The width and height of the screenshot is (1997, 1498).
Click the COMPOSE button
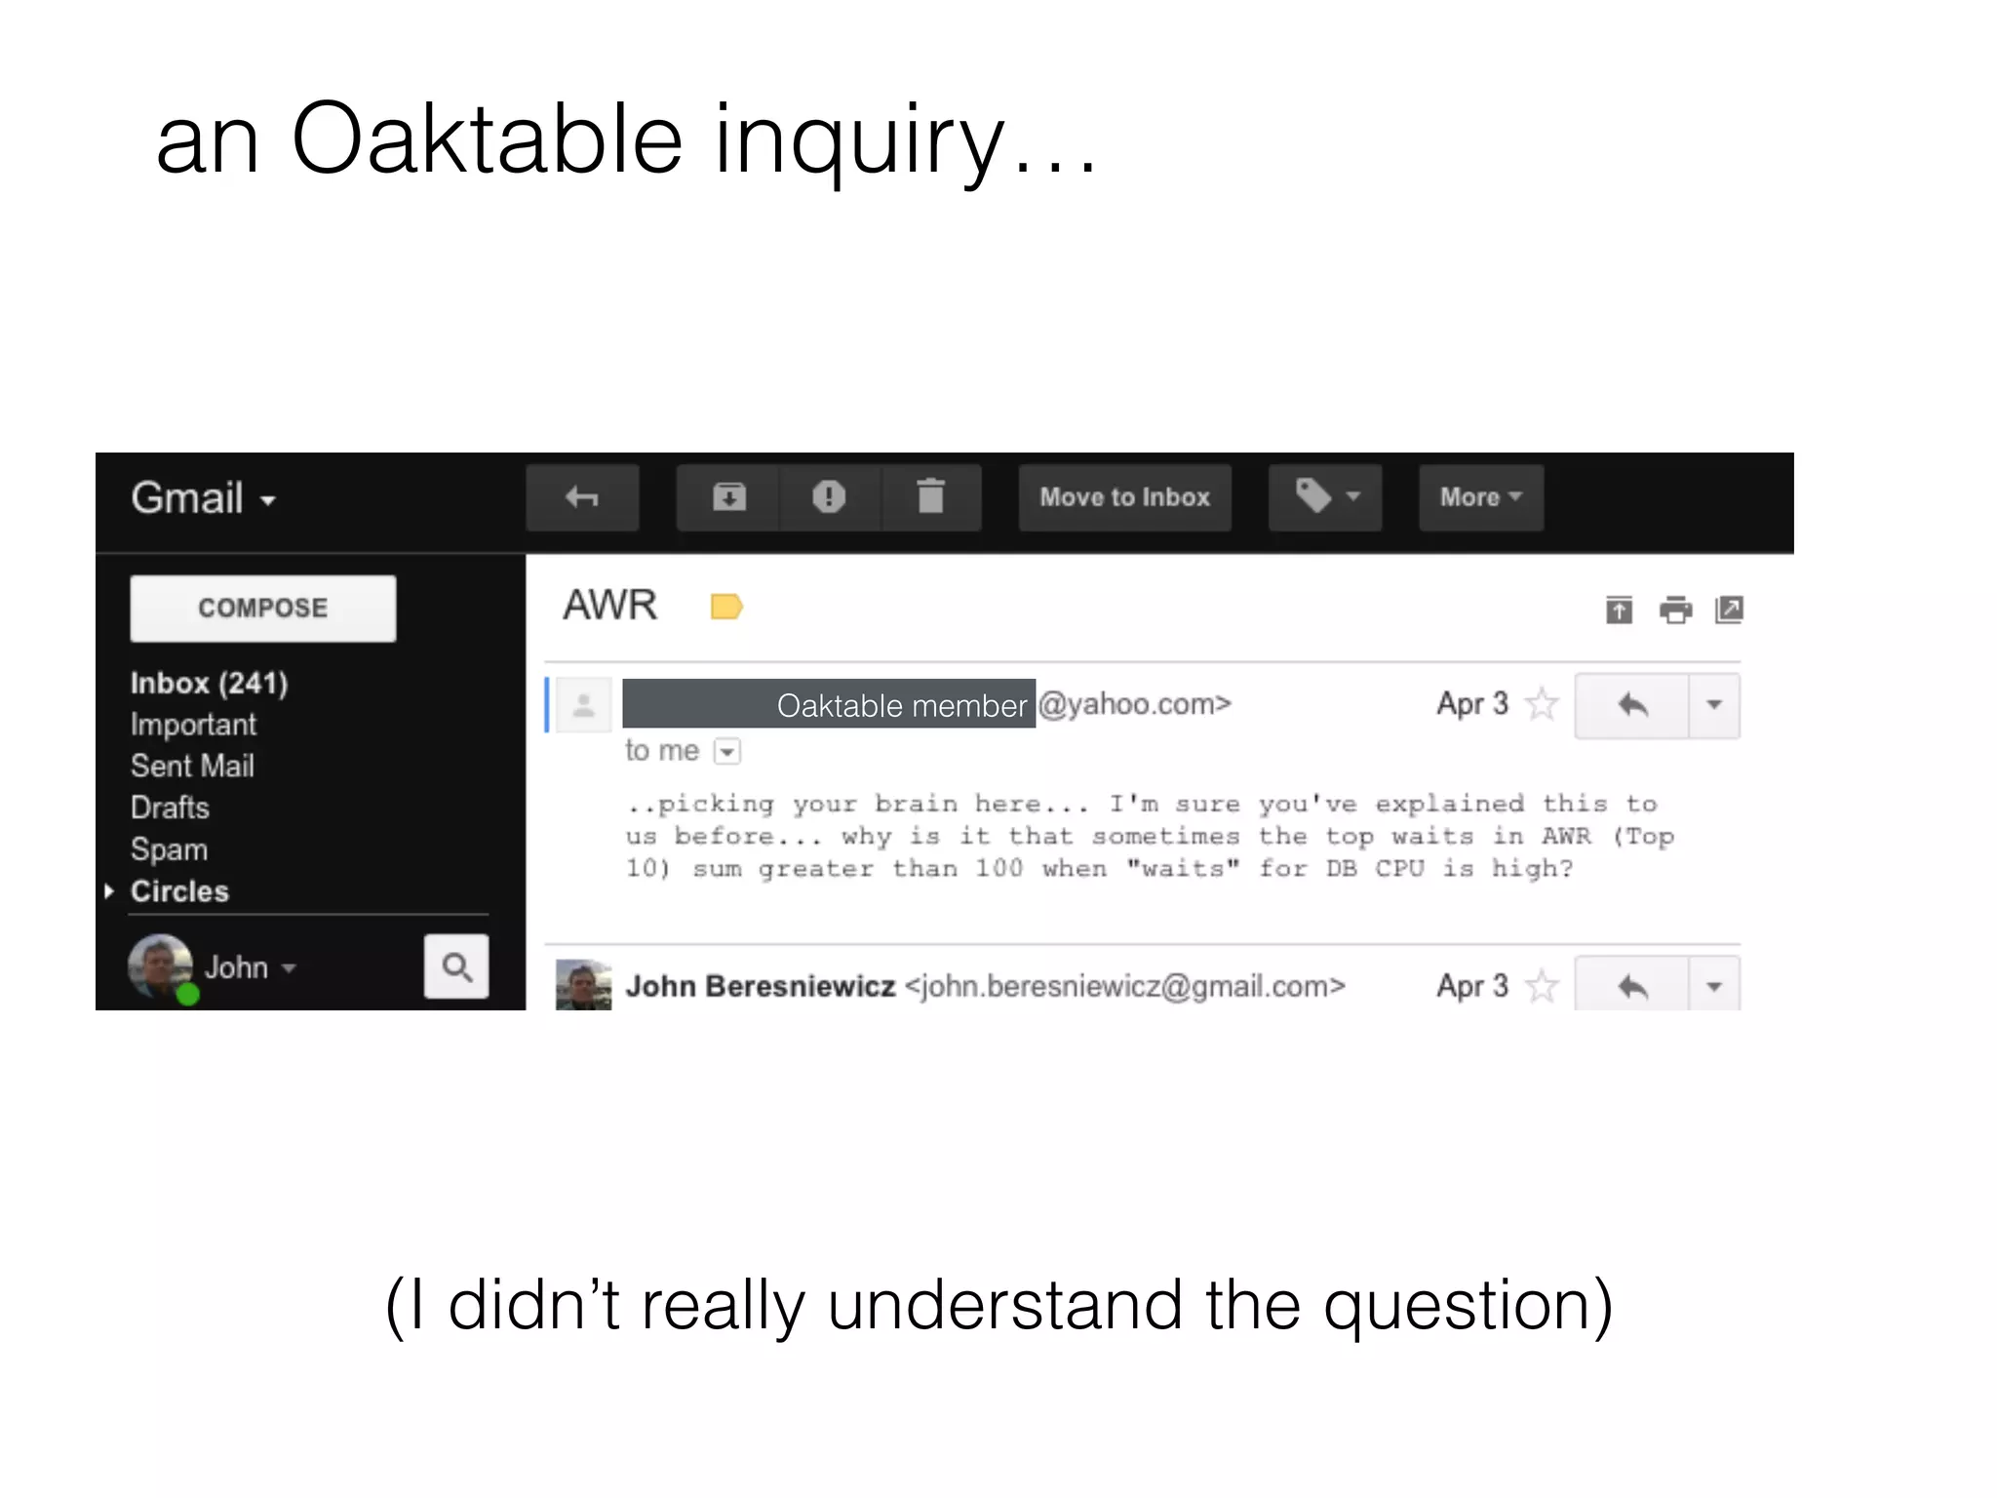[x=262, y=608]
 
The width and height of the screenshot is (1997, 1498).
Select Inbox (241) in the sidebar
[x=209, y=683]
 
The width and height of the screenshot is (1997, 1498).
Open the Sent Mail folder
[x=192, y=766]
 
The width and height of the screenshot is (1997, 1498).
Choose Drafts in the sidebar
[x=170, y=808]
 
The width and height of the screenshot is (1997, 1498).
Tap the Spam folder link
[x=169, y=849]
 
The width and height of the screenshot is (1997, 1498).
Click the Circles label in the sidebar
[x=179, y=891]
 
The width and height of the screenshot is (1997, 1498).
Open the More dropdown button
[x=1480, y=497]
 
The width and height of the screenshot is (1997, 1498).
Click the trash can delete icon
[x=931, y=497]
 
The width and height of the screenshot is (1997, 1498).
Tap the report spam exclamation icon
[x=829, y=497]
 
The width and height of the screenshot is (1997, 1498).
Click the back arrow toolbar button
[x=582, y=497]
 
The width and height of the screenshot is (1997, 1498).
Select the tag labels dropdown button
[x=1324, y=497]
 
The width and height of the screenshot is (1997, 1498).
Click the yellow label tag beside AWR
[x=726, y=607]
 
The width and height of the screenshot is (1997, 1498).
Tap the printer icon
[x=1675, y=611]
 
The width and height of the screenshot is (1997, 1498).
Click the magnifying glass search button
[x=456, y=966]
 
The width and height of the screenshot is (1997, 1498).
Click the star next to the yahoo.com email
[x=1542, y=703]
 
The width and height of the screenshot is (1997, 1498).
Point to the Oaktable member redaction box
[x=829, y=703]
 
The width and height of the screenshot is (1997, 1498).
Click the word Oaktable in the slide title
[x=487, y=138]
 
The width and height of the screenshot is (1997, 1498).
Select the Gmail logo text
[x=187, y=497]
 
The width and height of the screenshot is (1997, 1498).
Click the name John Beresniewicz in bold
[x=761, y=986]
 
